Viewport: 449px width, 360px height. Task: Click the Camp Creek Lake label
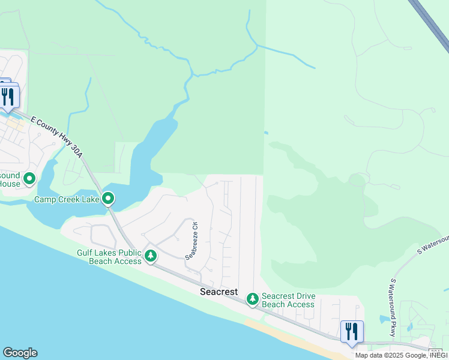coord(67,199)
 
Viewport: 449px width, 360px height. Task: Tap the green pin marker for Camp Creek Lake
coord(108,197)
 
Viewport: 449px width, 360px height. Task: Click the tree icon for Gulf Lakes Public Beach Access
coord(151,256)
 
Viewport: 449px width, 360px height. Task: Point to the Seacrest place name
coord(218,292)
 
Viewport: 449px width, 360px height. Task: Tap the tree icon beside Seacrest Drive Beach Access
coord(253,298)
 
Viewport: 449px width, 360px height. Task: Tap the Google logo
coord(20,353)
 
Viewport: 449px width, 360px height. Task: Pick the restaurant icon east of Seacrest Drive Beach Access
coord(352,331)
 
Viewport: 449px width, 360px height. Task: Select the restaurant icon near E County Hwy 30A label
coord(8,97)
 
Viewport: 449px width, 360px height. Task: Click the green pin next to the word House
coord(29,178)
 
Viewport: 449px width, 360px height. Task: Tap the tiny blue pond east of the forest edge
coord(265,133)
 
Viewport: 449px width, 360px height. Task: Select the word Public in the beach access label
coord(127,253)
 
